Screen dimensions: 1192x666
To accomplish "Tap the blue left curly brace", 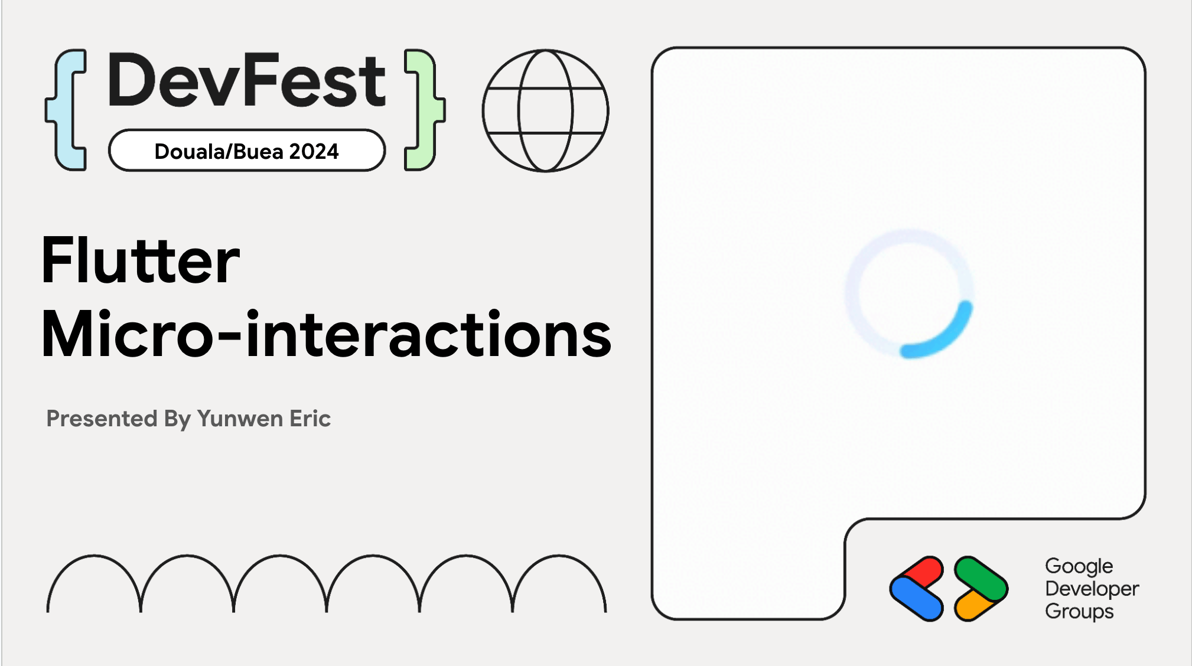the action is [x=66, y=110].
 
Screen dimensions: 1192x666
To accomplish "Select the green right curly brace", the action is [x=425, y=110].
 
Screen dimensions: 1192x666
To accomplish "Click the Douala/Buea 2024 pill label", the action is [x=247, y=151].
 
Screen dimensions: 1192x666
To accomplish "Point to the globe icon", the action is [x=545, y=110].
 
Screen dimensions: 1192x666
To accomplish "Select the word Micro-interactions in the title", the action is [x=326, y=334].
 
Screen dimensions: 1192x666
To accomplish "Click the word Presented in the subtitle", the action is [x=102, y=418].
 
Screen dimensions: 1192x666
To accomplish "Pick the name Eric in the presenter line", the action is [x=310, y=418].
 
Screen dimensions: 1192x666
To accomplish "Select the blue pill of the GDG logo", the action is [x=916, y=598].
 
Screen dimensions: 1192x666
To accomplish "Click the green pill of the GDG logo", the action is [x=981, y=578].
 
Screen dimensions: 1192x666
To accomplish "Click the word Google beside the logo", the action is [x=1079, y=567].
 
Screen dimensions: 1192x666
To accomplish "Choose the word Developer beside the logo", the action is [x=1092, y=589].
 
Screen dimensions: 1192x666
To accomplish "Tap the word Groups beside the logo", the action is [x=1079, y=612].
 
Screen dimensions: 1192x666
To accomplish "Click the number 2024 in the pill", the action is [x=314, y=152].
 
